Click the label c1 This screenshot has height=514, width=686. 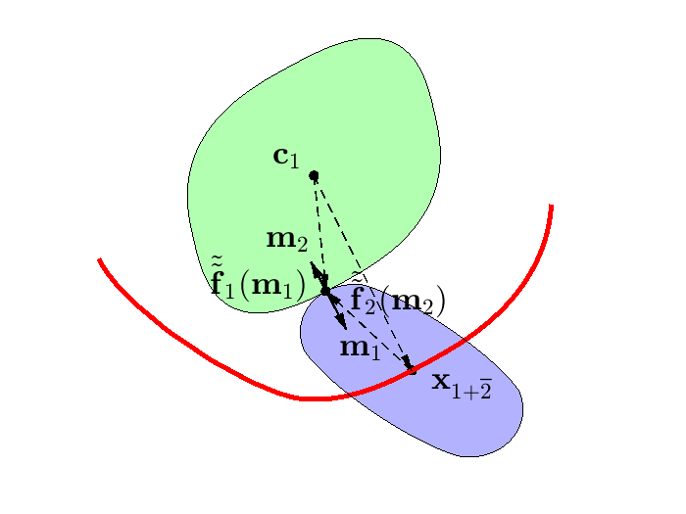coord(286,156)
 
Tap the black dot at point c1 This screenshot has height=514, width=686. coord(314,175)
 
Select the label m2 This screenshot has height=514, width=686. coord(287,239)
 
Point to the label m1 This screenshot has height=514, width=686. coord(359,347)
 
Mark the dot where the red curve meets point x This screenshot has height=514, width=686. coord(412,369)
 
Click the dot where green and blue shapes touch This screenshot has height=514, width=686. coord(325,291)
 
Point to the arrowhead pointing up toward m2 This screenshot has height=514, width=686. coord(316,267)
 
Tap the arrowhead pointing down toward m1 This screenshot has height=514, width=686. coord(343,323)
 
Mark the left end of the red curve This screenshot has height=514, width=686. coord(100,260)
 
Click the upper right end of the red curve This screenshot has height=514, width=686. coord(552,206)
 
